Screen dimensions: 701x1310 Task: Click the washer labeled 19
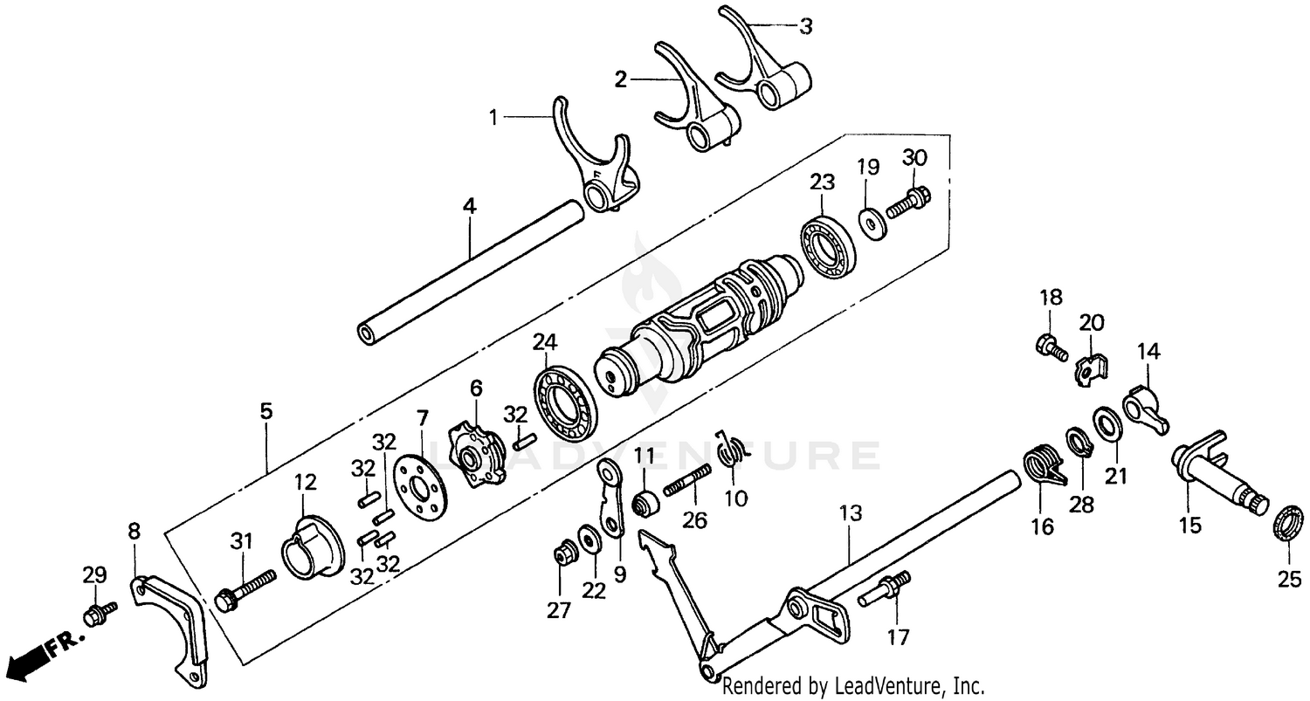(871, 222)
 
